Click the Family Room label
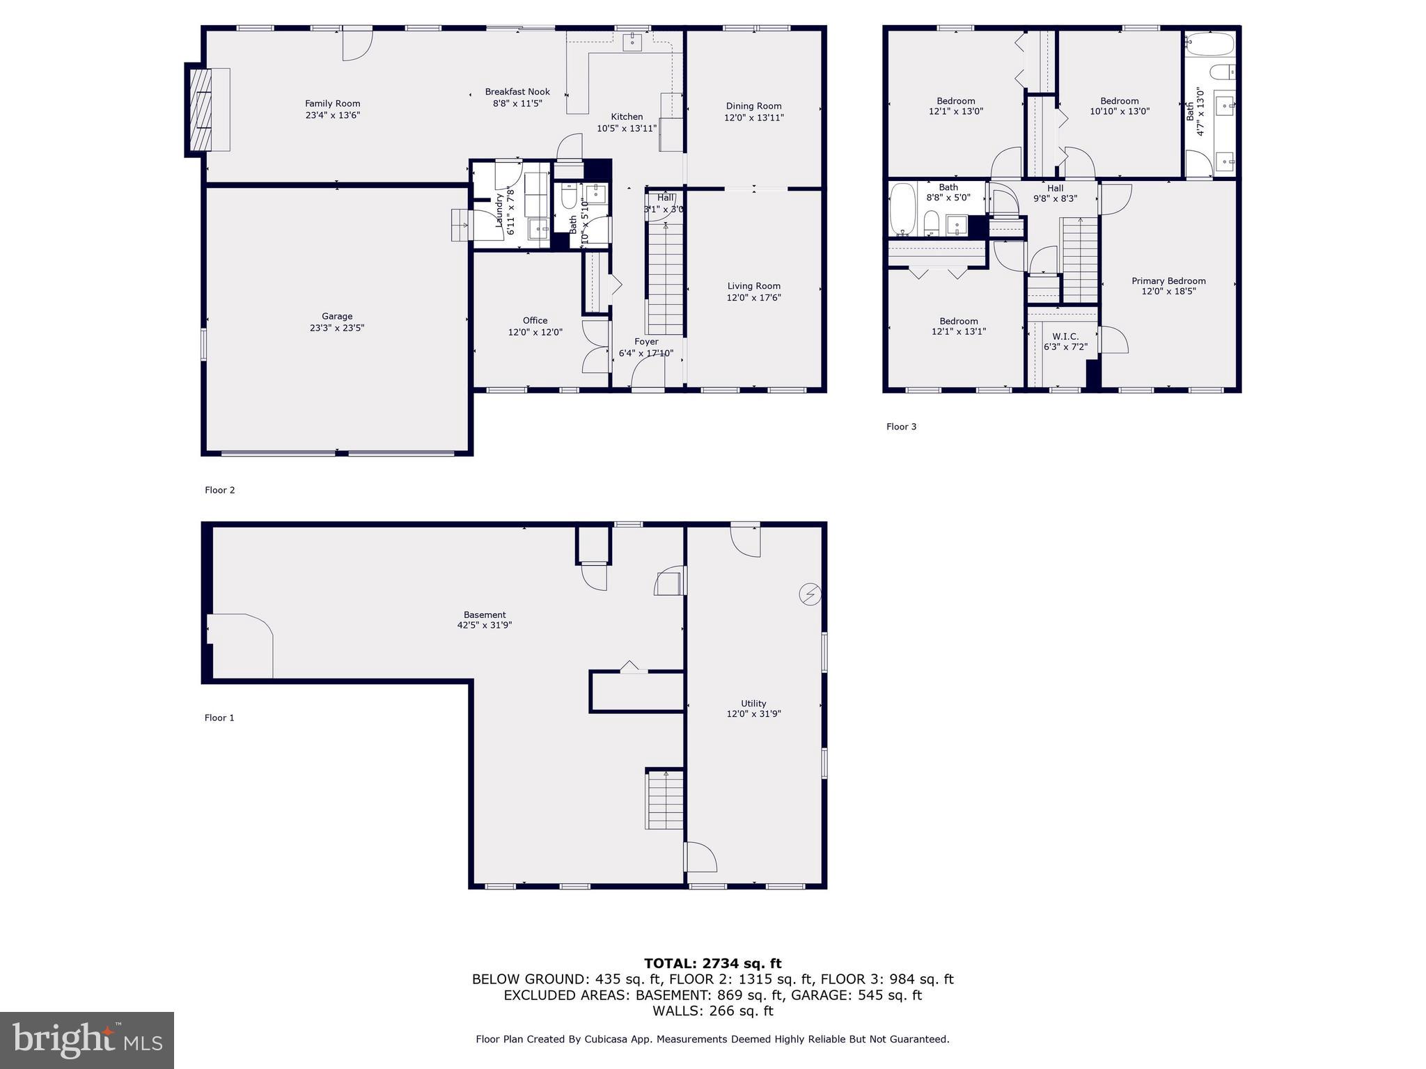pyautogui.click(x=332, y=104)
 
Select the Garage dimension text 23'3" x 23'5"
pyautogui.click(x=337, y=328)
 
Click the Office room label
pyautogui.click(x=535, y=321)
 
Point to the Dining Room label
pyautogui.click(x=753, y=106)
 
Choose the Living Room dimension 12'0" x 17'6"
pyautogui.click(x=753, y=298)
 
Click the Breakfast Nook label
pyautogui.click(x=517, y=92)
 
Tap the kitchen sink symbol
pyautogui.click(x=632, y=41)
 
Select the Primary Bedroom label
pyautogui.click(x=1168, y=281)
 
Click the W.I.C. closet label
pyautogui.click(x=1065, y=336)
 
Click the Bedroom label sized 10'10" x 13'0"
pyautogui.click(x=1119, y=101)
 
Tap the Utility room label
pyautogui.click(x=753, y=704)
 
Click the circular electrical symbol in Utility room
pyautogui.click(x=810, y=594)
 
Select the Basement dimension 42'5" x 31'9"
pyautogui.click(x=485, y=625)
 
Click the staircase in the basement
pyautogui.click(x=665, y=800)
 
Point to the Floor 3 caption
pyautogui.click(x=901, y=427)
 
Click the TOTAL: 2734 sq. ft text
pyautogui.click(x=712, y=964)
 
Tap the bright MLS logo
pyautogui.click(x=87, y=1040)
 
